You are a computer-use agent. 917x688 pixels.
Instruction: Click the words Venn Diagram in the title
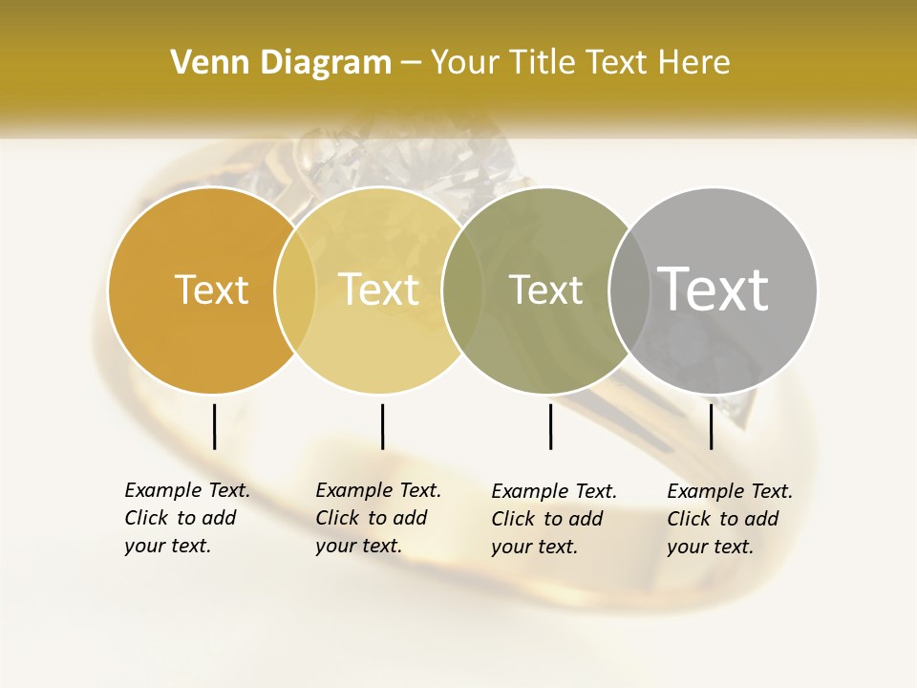[281, 63]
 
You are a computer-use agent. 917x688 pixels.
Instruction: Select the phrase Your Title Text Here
[581, 63]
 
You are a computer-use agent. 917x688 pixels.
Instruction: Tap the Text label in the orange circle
[211, 290]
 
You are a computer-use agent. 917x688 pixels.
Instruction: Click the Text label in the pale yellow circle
[379, 290]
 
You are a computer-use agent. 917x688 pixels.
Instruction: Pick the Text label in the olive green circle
[545, 290]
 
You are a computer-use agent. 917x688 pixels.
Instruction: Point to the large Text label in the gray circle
[714, 289]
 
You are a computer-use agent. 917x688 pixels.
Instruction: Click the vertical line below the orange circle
[214, 426]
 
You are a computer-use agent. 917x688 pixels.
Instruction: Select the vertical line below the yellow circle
[382, 426]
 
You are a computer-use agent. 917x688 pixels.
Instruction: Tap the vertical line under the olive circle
[550, 426]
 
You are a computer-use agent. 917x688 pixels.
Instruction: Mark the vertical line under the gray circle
[711, 426]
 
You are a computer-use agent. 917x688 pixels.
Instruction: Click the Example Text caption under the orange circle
[187, 518]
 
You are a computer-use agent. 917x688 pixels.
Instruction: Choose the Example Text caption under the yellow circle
[378, 518]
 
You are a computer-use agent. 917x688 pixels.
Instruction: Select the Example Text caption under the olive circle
[554, 519]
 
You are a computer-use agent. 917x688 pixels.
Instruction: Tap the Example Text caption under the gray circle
[730, 519]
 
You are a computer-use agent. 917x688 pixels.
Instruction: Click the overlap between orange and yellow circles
[295, 290]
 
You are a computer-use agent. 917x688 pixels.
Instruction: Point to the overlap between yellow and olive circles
[462, 290]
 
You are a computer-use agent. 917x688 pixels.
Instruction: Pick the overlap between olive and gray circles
[629, 290]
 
